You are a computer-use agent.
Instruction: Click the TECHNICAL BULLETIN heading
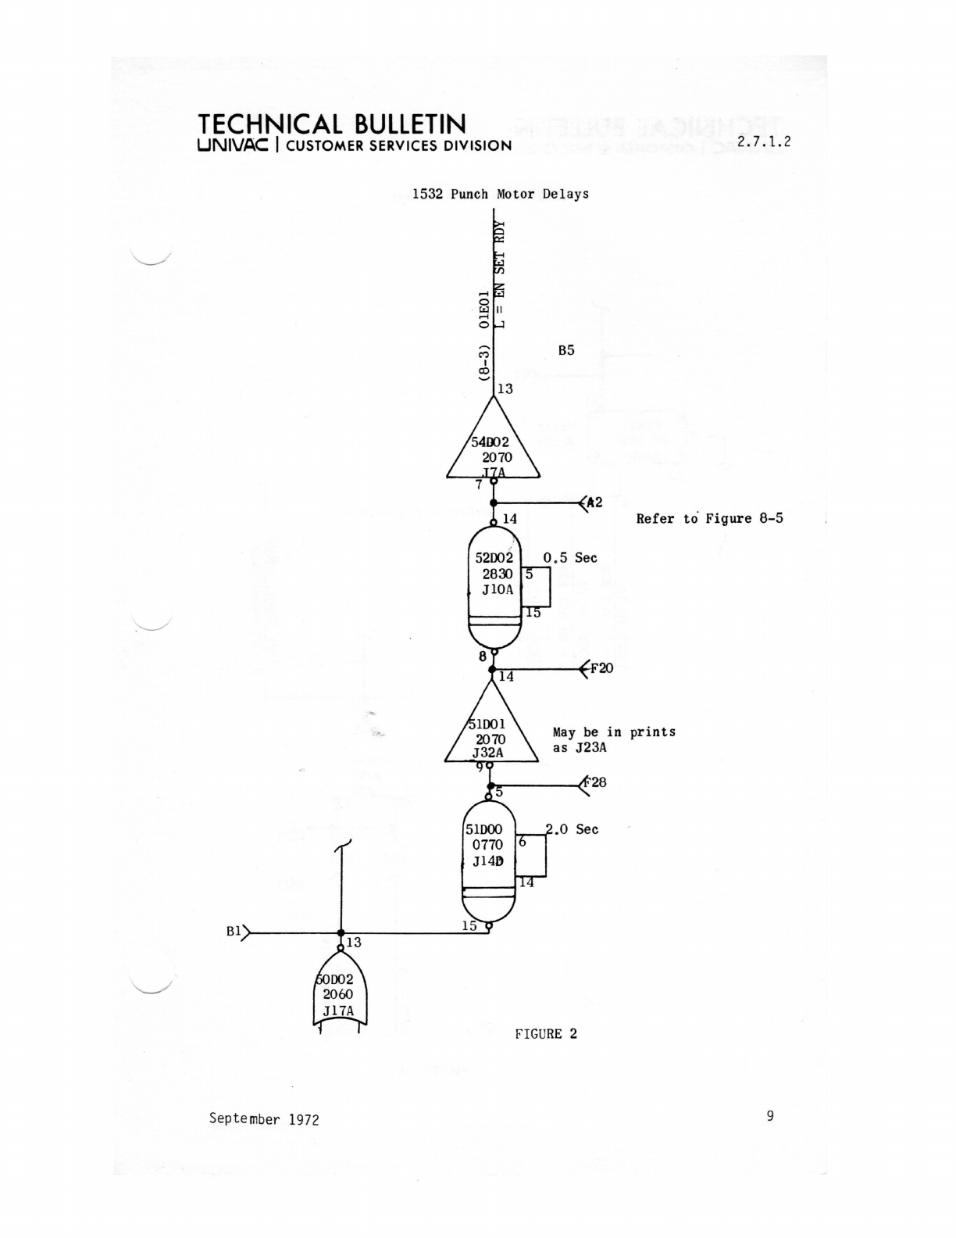pos(332,124)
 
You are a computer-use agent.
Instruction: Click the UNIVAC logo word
pos(234,145)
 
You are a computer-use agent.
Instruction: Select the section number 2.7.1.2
pos(764,141)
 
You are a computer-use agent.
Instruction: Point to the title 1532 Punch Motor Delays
pos(501,194)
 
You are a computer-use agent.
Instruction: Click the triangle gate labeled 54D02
pos(493,449)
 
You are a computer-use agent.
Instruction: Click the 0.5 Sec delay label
pos(570,558)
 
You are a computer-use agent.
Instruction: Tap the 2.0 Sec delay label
pos(573,829)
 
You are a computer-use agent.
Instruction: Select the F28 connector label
pos(596,782)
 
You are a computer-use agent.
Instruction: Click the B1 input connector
pos(237,932)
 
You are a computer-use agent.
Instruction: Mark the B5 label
pos(566,350)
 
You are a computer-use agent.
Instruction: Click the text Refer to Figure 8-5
pos(709,518)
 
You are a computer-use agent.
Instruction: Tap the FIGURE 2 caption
pos(546,1034)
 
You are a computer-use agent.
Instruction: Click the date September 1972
pos(264,1118)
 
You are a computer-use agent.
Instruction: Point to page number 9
pos(770,1116)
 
